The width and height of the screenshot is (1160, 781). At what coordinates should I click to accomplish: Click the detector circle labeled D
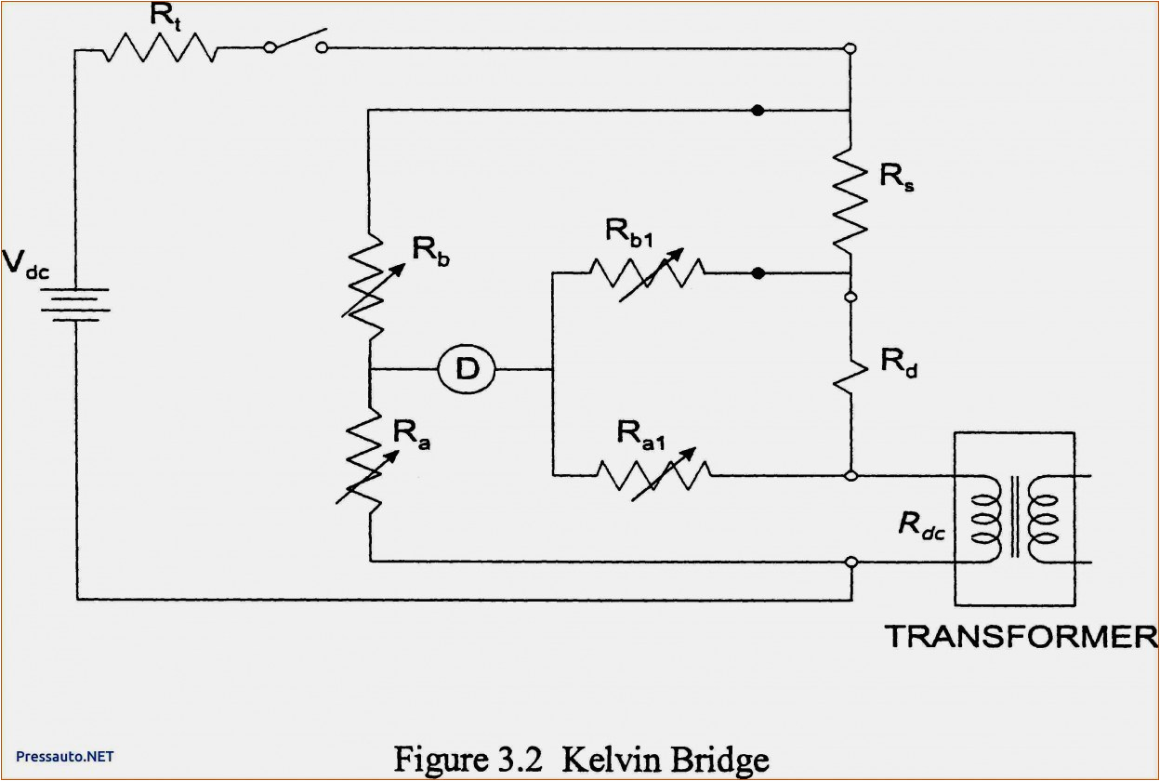click(x=467, y=370)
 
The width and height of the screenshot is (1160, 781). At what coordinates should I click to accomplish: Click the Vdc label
click(x=26, y=265)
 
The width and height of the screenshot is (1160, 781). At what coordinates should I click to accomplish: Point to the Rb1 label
click(x=632, y=232)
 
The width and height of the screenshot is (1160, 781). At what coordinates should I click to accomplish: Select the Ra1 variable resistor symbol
click(x=654, y=475)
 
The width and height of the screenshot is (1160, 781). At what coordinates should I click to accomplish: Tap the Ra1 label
click(x=642, y=432)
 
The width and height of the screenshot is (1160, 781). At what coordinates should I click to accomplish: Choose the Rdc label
click(x=923, y=524)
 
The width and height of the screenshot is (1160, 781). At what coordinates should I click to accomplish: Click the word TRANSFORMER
click(x=1019, y=637)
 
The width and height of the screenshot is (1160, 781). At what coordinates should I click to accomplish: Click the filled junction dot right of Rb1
click(x=758, y=273)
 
